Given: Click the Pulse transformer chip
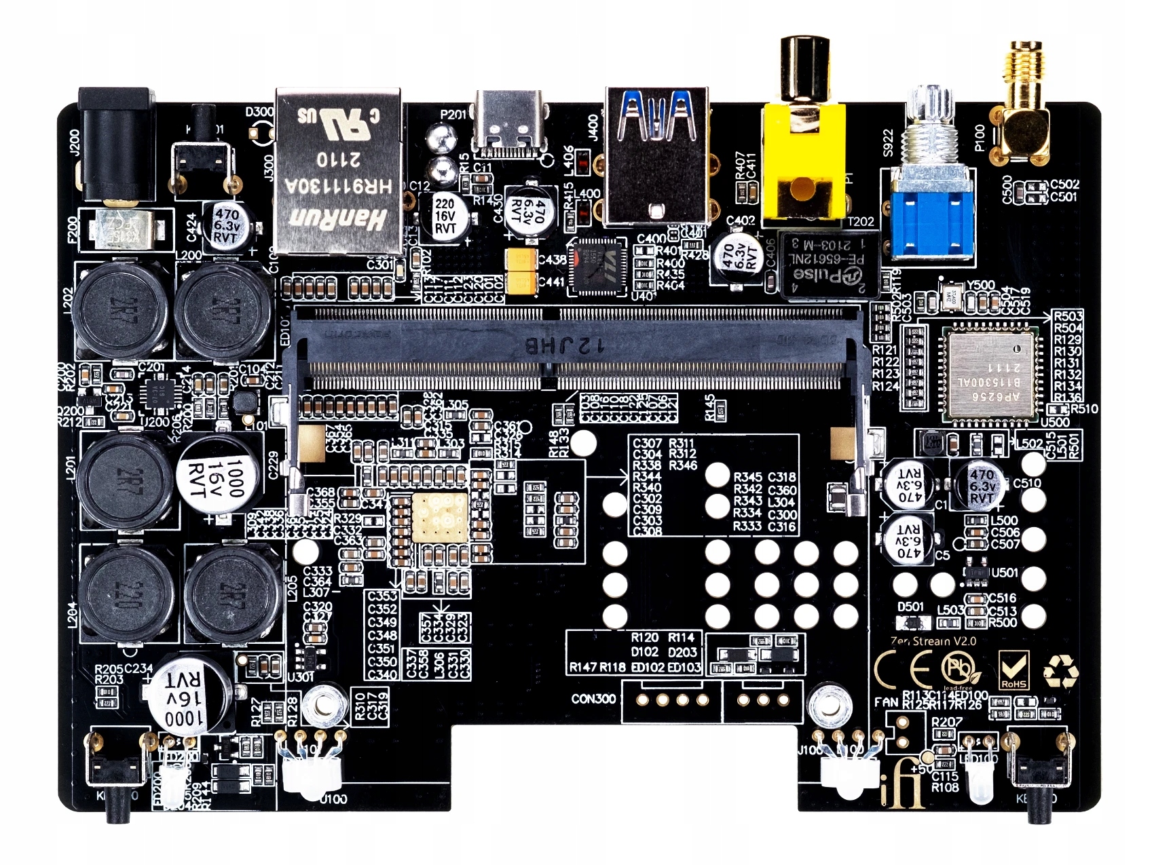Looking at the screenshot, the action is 830,265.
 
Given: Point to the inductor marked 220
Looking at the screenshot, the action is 129,594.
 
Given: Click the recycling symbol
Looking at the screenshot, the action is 1061,671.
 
